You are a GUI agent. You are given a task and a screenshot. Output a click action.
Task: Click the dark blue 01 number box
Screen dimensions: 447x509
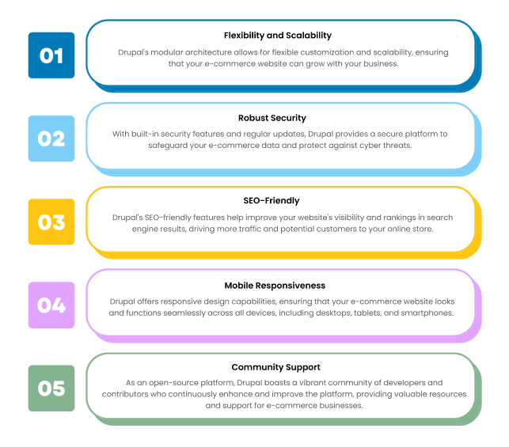[51, 55]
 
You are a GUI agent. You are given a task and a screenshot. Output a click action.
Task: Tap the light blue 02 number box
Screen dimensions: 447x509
[51, 138]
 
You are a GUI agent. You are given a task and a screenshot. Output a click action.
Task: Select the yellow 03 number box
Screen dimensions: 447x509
[51, 222]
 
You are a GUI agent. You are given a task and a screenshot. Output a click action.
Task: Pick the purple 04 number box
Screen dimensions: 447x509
[51, 305]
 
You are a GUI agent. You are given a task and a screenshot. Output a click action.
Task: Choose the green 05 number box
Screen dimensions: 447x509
[51, 388]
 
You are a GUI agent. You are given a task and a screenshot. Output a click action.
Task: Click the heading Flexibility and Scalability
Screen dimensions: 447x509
[278, 35]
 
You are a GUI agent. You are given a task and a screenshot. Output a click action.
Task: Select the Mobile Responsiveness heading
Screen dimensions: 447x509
[277, 285]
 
